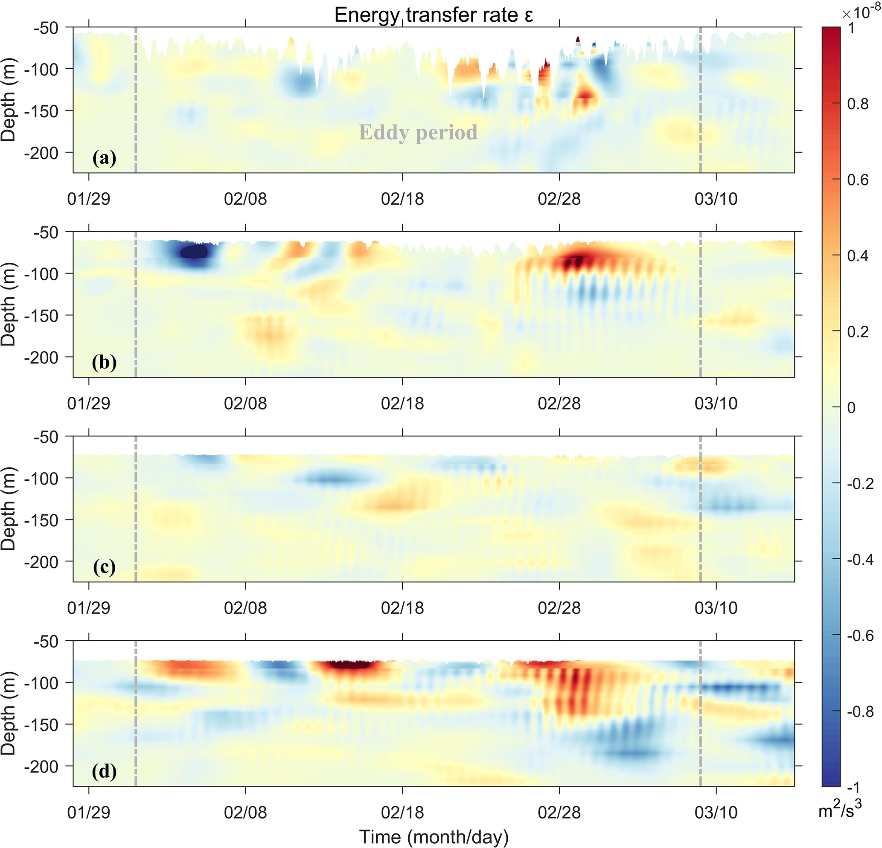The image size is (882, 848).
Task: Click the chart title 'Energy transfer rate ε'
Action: (434, 15)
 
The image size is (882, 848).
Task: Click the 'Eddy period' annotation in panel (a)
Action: (418, 132)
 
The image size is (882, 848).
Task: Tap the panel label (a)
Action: (105, 158)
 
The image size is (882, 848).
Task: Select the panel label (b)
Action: (105, 362)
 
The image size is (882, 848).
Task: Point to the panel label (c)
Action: (105, 567)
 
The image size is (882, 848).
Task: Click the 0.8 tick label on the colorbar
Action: (858, 104)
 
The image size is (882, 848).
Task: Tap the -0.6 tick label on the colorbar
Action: (860, 636)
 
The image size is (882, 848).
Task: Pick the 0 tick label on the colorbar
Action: (851, 408)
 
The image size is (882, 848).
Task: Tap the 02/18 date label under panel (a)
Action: (402, 199)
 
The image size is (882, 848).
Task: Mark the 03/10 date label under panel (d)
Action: (716, 813)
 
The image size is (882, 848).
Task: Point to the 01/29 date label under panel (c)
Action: (89, 608)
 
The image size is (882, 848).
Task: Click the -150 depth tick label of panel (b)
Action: (41, 316)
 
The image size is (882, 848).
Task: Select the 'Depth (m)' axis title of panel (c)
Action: (8, 509)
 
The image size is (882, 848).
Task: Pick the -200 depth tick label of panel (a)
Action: (41, 153)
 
